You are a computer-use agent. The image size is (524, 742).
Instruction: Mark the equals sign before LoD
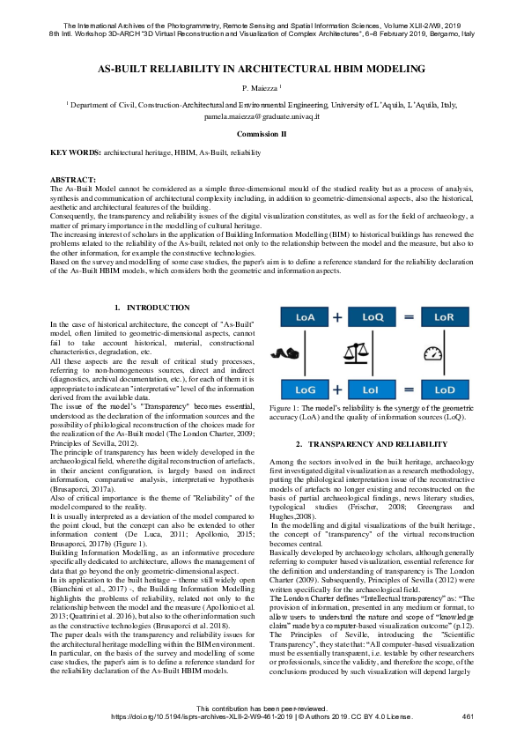pyautogui.click(x=409, y=388)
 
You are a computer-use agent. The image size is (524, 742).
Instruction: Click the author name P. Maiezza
pyautogui.click(x=261, y=88)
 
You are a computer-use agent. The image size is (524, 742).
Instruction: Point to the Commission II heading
pyautogui.click(x=262, y=133)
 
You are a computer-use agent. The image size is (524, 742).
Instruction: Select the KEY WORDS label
pyautogui.click(x=76, y=152)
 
